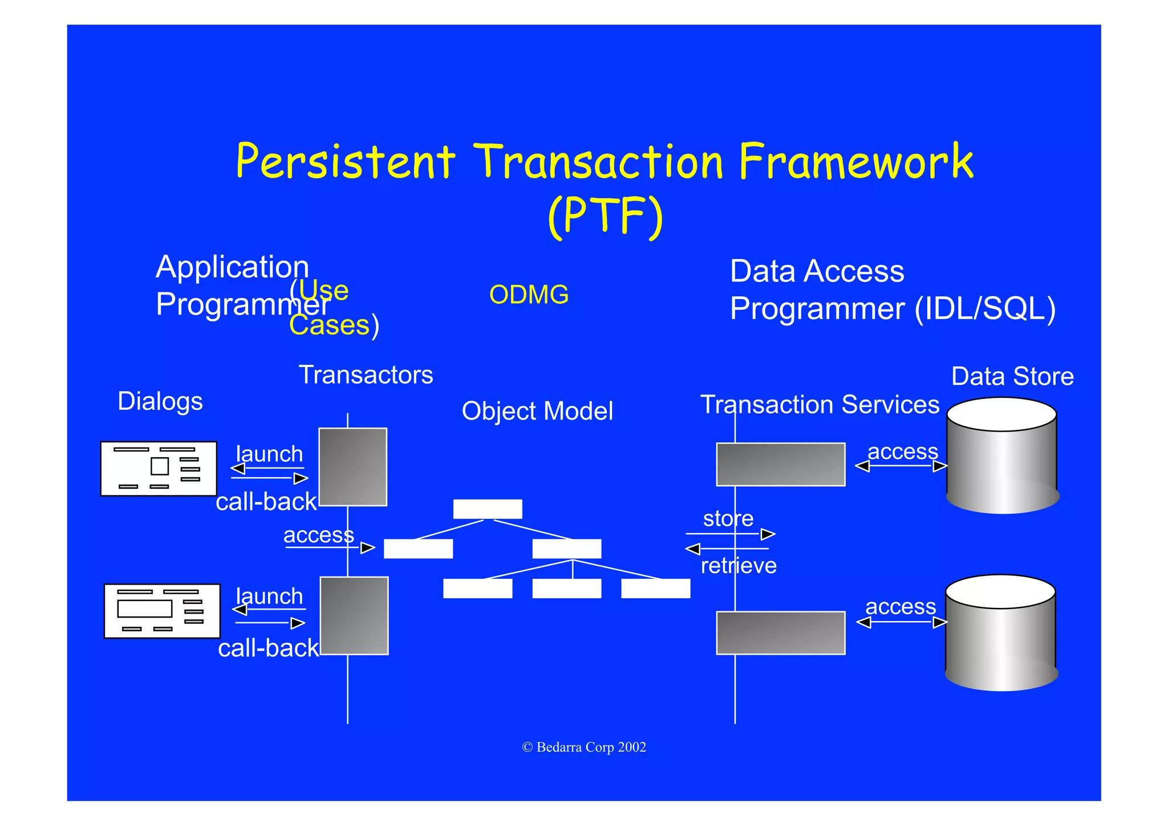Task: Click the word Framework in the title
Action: [855, 162]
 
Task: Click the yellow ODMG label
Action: [529, 295]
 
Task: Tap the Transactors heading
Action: [366, 375]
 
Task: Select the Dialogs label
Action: [160, 401]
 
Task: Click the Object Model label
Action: [537, 411]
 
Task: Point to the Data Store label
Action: [1012, 377]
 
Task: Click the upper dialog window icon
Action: [159, 469]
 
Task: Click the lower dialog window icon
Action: [162, 611]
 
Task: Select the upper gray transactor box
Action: [352, 467]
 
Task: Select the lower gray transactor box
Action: [354, 615]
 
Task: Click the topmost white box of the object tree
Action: [487, 509]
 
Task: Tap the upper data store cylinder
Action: [1002, 457]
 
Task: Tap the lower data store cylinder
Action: [1001, 634]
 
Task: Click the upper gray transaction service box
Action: [780, 464]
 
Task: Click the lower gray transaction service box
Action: [780, 632]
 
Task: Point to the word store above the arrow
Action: [728, 518]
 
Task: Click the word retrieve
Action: [739, 566]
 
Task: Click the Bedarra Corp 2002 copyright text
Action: [584, 747]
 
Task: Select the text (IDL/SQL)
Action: [985, 309]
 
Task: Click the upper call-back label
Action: [266, 502]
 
